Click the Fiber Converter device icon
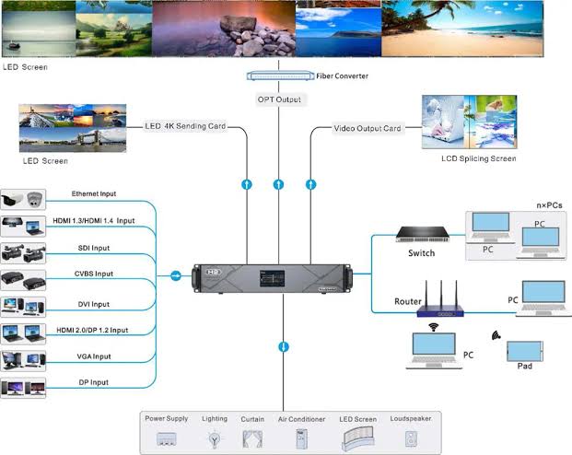280,76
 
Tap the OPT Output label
279,99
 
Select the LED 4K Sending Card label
185,126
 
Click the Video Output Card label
368,128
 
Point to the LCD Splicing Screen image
469,122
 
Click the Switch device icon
423,234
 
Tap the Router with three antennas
440,299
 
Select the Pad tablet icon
525,351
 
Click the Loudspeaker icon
411,439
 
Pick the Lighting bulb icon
215,439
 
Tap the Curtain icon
252,439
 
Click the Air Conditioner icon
301,439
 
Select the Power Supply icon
167,439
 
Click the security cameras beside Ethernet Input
23,199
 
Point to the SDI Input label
94,248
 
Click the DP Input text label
94,382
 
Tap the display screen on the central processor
272,279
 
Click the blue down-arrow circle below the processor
284,346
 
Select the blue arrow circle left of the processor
176,275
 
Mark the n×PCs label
549,205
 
